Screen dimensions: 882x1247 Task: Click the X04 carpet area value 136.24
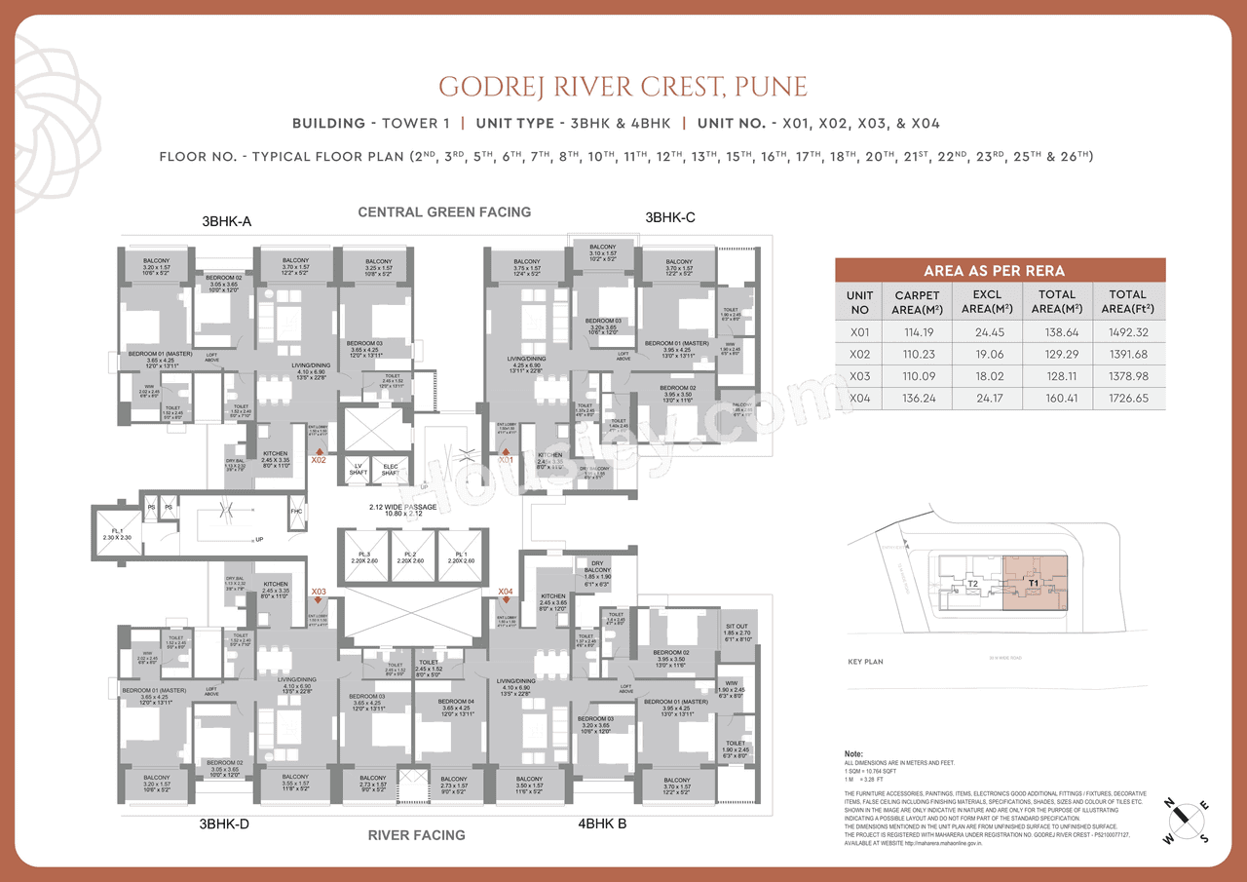(x=917, y=398)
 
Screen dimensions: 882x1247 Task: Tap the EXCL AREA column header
(x=987, y=301)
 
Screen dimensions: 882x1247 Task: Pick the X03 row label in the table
(x=859, y=375)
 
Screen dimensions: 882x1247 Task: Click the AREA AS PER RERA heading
(x=1001, y=271)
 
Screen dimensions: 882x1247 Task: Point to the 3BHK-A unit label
(x=226, y=222)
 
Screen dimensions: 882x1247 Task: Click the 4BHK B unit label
(x=602, y=823)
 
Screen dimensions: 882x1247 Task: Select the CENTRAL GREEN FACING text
(x=444, y=211)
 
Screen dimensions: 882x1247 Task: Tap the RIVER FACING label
(x=416, y=834)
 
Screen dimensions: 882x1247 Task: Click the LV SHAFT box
(x=358, y=470)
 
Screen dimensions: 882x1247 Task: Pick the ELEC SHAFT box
(x=391, y=470)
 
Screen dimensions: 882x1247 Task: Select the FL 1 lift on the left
(x=116, y=532)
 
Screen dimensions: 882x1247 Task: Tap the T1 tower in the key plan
(x=1035, y=585)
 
